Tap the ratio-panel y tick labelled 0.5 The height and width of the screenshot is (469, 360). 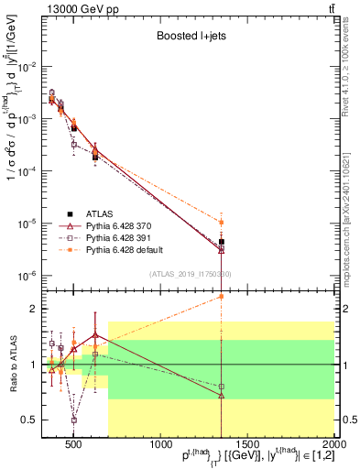point(30,420)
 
